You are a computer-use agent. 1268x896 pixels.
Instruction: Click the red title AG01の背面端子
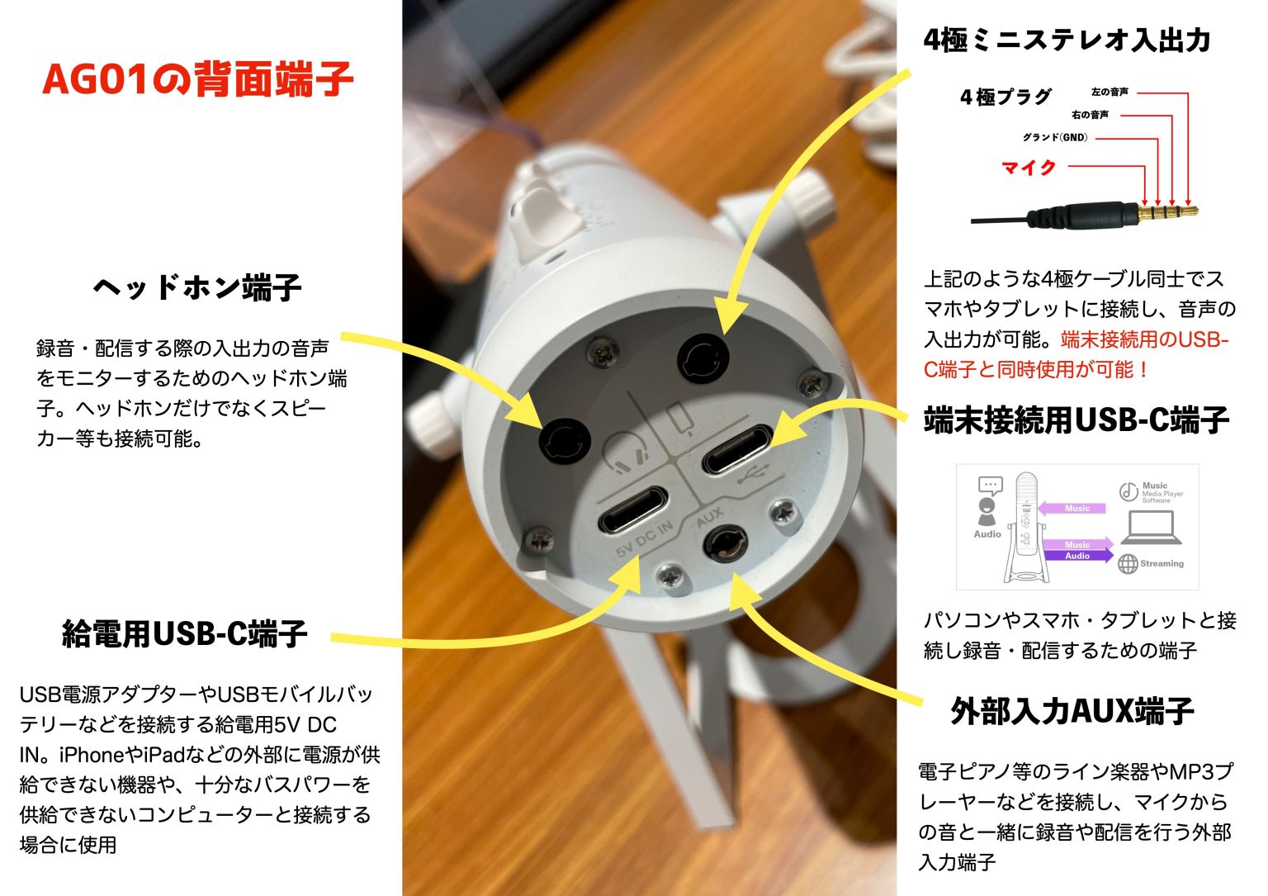(x=197, y=80)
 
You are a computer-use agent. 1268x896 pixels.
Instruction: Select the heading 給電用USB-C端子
(x=185, y=633)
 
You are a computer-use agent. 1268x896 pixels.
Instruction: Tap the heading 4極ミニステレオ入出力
(x=1067, y=40)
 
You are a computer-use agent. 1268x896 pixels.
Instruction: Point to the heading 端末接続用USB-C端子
(x=1076, y=420)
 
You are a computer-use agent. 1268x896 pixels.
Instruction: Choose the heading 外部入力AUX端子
(x=1072, y=710)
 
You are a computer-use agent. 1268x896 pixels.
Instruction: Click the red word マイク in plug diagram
(x=1029, y=168)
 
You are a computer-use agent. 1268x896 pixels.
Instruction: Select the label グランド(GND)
(x=1055, y=137)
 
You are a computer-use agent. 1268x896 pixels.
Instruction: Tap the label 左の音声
(x=1109, y=92)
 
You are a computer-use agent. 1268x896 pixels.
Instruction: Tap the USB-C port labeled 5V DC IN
(x=633, y=510)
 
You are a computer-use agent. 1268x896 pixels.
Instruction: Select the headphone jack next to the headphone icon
(x=565, y=439)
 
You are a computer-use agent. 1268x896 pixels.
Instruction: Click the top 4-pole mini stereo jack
(x=703, y=360)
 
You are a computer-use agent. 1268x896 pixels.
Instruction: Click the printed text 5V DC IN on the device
(x=644, y=538)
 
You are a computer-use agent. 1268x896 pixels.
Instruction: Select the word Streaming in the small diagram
(x=1162, y=564)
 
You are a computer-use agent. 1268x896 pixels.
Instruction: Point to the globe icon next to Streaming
(x=1128, y=564)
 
